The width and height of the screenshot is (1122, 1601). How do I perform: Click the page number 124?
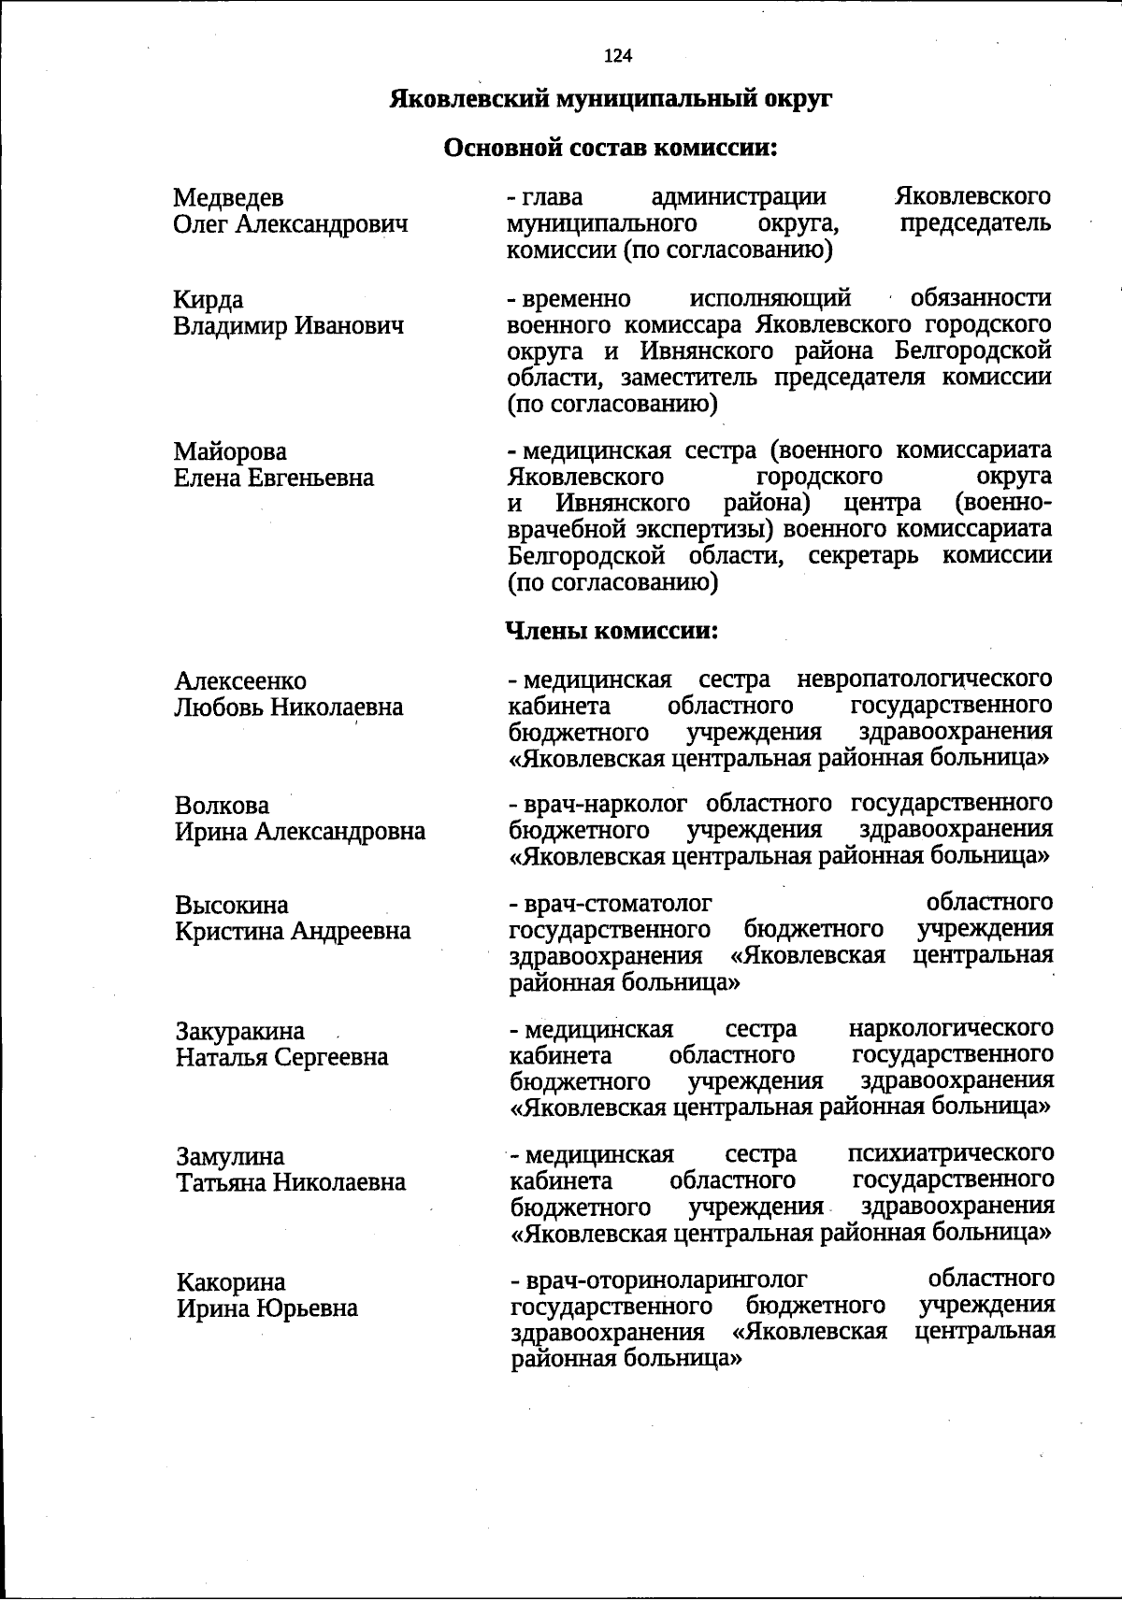618,56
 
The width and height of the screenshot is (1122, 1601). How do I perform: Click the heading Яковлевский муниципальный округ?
611,99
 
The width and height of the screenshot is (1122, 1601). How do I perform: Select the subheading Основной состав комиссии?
611,148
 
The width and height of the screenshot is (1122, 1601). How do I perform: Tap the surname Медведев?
229,198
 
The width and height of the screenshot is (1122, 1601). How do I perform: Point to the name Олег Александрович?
291,224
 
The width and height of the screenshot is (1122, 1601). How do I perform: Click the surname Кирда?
209,300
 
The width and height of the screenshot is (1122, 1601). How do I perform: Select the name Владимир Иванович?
289,326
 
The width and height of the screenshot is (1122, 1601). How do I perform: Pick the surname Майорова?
230,452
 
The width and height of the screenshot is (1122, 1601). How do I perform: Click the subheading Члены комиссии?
611,631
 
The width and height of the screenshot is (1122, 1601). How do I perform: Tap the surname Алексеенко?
240,681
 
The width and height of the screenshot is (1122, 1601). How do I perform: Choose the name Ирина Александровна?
300,832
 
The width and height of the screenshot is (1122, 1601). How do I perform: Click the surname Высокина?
232,906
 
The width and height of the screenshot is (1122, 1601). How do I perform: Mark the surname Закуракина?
240,1032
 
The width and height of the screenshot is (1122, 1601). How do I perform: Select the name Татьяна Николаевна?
292,1182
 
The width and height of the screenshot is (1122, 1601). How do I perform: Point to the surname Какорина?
231,1282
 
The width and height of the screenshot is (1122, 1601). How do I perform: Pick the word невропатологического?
924,678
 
